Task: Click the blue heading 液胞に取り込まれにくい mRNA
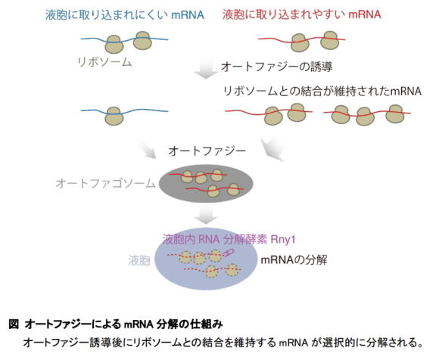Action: click(x=125, y=15)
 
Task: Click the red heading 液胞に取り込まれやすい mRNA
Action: click(x=302, y=14)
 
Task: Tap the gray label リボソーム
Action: click(x=104, y=62)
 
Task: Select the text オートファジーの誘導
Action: click(x=276, y=67)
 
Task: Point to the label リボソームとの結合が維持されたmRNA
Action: click(x=322, y=91)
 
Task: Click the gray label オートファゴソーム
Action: click(x=105, y=184)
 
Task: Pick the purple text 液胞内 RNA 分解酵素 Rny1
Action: click(x=229, y=240)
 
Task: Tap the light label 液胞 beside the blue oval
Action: click(x=139, y=260)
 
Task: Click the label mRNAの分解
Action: click(x=294, y=260)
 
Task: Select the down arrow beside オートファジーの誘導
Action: click(x=207, y=69)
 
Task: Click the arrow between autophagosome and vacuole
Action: click(x=207, y=214)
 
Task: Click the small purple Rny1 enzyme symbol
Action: click(x=229, y=253)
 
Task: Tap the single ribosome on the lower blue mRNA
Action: click(x=114, y=116)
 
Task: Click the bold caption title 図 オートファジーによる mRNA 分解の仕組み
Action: click(x=116, y=324)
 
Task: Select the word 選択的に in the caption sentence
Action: click(x=344, y=343)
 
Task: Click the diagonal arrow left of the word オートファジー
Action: click(x=148, y=149)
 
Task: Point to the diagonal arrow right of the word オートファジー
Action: click(x=272, y=150)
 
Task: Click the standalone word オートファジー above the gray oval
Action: click(x=207, y=151)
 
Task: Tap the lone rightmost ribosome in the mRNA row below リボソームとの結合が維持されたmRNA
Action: click(x=395, y=113)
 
